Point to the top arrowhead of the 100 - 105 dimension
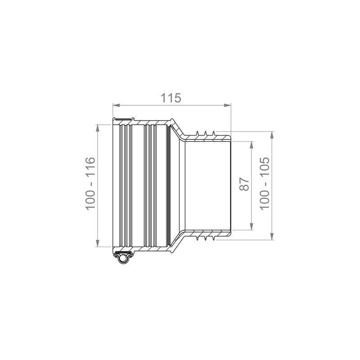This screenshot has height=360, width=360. (272, 135)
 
